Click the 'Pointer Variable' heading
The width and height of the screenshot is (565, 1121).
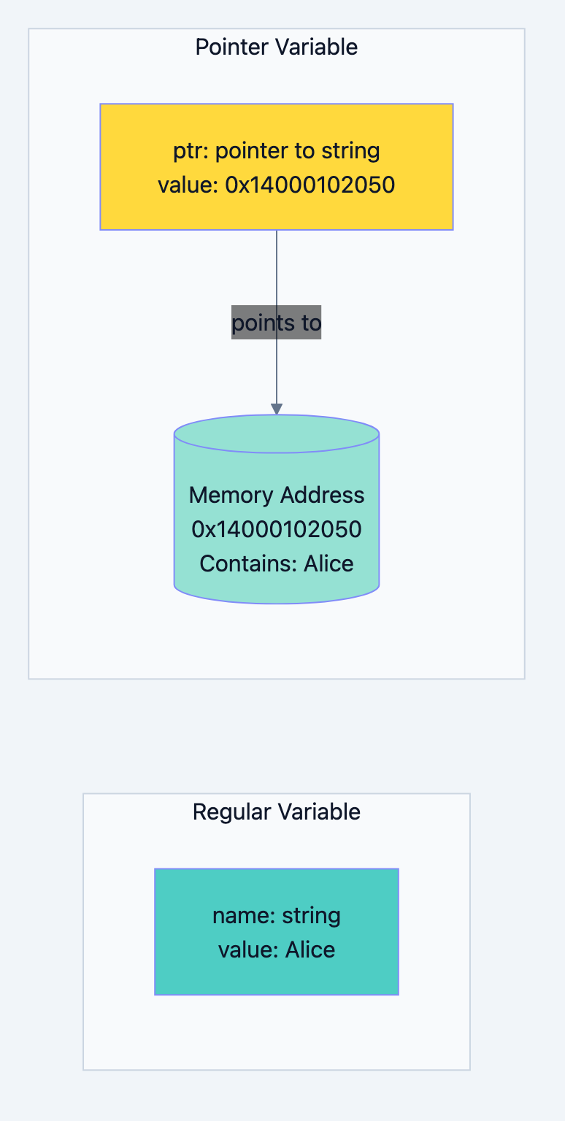(277, 47)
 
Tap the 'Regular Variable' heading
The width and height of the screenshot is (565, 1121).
(277, 812)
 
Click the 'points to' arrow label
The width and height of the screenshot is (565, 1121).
(277, 323)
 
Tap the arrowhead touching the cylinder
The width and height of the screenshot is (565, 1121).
(277, 409)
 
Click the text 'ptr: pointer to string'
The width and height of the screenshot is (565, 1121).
(277, 151)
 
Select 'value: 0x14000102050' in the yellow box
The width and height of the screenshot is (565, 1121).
(277, 185)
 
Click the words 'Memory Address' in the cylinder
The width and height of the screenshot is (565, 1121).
(277, 495)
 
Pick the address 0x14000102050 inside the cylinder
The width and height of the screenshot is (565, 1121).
(277, 529)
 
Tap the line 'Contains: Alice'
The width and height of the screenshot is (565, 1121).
(277, 563)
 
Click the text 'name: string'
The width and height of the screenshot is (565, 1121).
(277, 915)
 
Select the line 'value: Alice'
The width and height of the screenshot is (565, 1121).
(277, 949)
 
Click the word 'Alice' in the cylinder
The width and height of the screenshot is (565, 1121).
(328, 563)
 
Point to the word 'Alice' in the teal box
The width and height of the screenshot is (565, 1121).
(310, 949)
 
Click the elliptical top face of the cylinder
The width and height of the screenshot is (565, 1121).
(277, 434)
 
